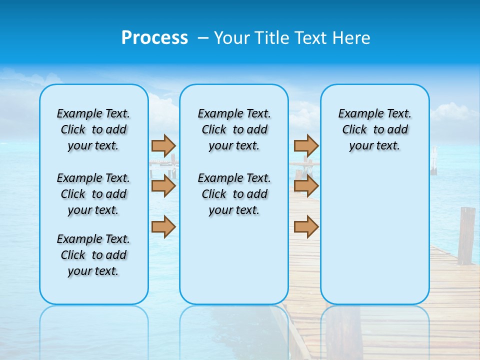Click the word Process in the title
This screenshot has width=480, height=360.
tap(154, 38)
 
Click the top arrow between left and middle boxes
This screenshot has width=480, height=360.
tap(163, 145)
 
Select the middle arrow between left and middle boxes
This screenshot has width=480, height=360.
tap(163, 186)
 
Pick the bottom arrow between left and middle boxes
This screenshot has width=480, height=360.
tap(163, 226)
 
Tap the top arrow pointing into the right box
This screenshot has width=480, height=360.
tap(306, 145)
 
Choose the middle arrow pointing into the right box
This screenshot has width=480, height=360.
tap(306, 186)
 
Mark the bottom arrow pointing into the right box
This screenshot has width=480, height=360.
tap(306, 226)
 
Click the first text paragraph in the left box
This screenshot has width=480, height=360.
tap(93, 129)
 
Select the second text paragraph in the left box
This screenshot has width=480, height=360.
tap(93, 194)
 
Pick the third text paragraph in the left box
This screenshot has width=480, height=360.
tap(93, 255)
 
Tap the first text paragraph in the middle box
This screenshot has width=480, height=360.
tap(234, 129)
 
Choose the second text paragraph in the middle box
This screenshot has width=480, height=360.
tap(234, 194)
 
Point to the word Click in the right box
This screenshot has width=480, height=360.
tap(354, 130)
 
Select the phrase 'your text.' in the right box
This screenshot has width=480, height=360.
tap(374, 146)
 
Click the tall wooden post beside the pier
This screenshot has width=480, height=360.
tap(466, 235)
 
